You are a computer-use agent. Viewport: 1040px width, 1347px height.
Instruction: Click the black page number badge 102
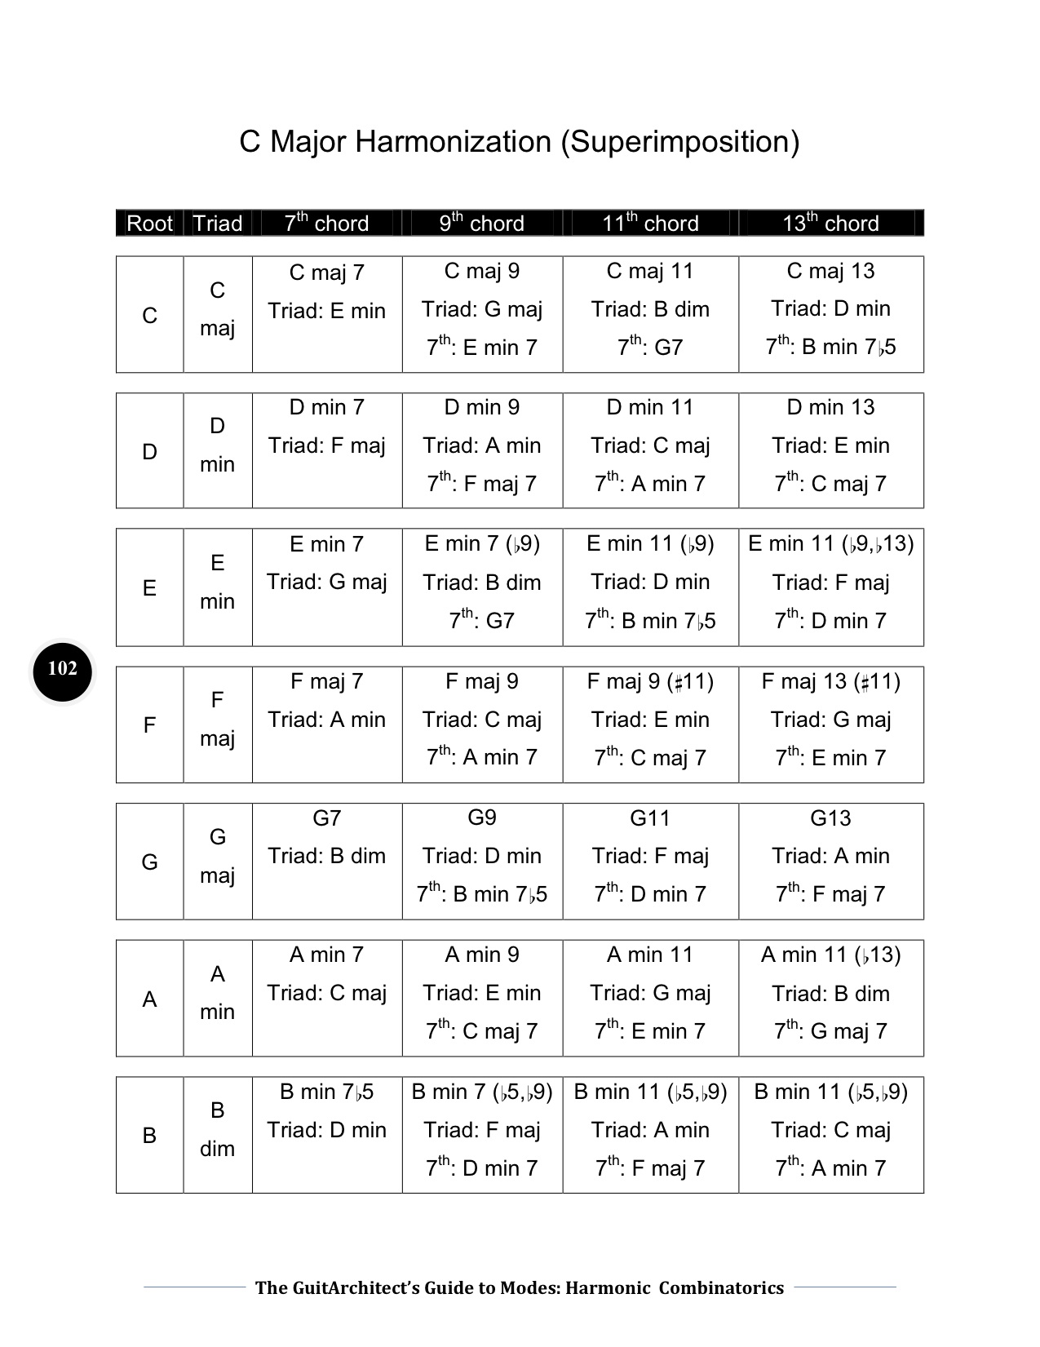pos(63,670)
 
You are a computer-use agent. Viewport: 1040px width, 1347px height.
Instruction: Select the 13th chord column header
pos(830,223)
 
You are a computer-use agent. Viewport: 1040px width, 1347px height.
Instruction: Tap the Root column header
pos(149,223)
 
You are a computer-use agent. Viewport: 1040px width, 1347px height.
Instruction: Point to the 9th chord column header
pos(481,223)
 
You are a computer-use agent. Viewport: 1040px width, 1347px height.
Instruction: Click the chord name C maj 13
pos(830,271)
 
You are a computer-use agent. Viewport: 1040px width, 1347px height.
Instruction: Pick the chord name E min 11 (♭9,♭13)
pos(830,543)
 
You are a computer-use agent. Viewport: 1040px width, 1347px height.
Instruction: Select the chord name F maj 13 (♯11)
pos(830,681)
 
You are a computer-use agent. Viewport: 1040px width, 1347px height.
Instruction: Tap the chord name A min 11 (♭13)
pos(830,955)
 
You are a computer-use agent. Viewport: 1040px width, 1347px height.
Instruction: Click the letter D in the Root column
pos(149,452)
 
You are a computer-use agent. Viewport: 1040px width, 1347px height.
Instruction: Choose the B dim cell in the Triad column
pos(217,1129)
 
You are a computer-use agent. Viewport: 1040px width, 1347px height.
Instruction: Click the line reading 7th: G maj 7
pos(830,1031)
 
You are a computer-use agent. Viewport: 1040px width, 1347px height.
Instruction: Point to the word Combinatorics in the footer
pos(721,1287)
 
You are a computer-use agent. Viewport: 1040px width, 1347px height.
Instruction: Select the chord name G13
pos(830,818)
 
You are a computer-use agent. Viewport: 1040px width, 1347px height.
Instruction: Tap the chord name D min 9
pos(481,407)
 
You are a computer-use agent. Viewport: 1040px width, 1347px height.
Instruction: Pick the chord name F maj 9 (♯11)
pos(650,681)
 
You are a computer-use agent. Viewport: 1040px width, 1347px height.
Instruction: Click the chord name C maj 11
pos(650,271)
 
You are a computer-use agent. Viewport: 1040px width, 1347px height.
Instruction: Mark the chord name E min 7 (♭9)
pos(481,543)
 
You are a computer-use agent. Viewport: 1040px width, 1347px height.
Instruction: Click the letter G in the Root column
pos(149,862)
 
